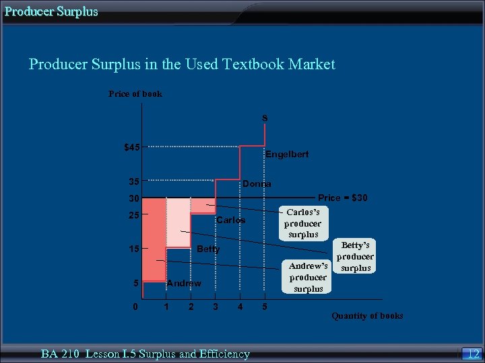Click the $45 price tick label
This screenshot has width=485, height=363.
132,147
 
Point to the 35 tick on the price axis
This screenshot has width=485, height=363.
134,181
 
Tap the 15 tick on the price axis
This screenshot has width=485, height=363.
134,249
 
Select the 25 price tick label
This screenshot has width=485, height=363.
134,216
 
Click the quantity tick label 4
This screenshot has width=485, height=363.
240,307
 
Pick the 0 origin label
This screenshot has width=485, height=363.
135,307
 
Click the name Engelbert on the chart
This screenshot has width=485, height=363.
287,155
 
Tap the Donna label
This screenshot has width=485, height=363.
257,184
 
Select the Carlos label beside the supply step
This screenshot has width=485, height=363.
230,220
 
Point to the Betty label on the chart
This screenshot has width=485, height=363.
208,249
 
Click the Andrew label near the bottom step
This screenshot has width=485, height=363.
183,284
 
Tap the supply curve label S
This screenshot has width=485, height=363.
265,118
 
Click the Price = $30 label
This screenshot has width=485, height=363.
342,198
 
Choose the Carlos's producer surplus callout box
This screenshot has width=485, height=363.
303,223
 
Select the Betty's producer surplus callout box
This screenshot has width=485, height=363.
355,257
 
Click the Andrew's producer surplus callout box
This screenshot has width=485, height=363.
308,277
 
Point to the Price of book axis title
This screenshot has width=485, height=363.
135,94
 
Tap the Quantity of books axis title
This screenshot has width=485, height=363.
367,316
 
